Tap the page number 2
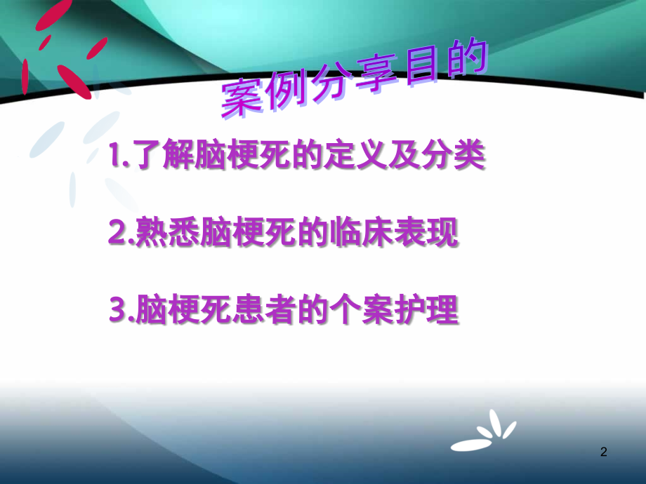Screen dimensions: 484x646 coord(603,453)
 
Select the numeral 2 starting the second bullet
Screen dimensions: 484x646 coord(117,235)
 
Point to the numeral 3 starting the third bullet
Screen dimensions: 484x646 coord(117,311)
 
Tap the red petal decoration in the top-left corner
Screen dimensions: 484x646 coord(60,53)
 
